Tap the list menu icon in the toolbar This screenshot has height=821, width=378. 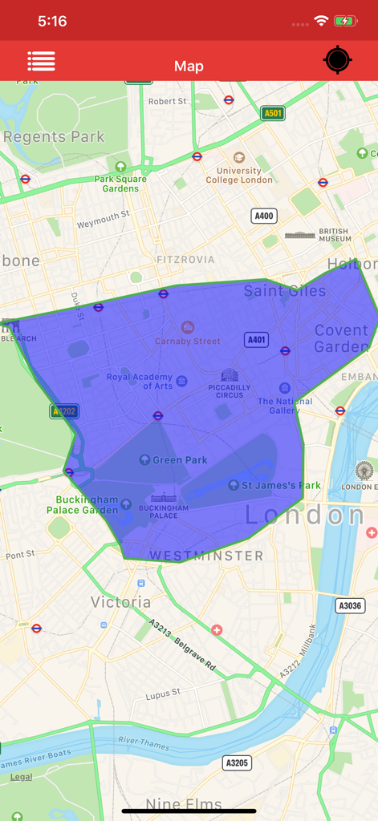tap(41, 61)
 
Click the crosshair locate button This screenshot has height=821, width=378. tap(337, 61)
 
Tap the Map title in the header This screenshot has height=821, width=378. tap(189, 67)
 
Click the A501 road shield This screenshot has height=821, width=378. tap(273, 113)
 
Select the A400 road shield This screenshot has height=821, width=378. tap(263, 216)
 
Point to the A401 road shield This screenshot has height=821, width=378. tap(256, 340)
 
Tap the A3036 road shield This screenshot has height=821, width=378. tap(350, 605)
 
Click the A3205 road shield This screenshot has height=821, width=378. tap(236, 763)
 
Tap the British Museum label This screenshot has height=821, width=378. tap(334, 235)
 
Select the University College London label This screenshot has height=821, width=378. tap(239, 175)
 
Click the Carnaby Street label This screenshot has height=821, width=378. tap(188, 341)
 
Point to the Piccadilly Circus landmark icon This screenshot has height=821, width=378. tap(230, 375)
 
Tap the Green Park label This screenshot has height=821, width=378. tap(180, 460)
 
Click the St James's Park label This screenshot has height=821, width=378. tap(281, 485)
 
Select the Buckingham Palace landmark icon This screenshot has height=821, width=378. tap(164, 498)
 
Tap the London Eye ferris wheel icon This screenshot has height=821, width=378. tap(364, 471)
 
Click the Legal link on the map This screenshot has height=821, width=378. tap(22, 777)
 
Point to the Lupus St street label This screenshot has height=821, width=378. tap(163, 693)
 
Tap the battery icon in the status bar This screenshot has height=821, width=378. tap(345, 21)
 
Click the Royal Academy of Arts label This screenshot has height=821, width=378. tap(140, 382)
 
